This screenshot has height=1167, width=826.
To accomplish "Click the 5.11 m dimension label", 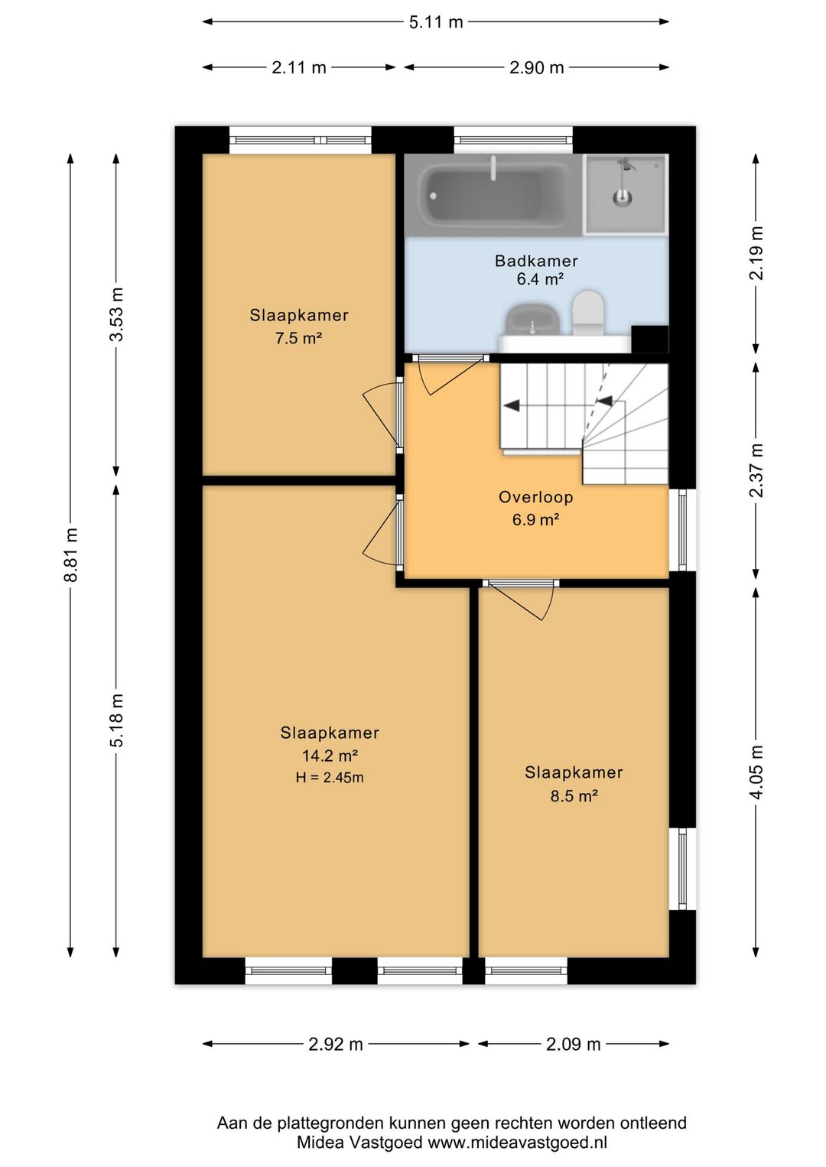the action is click(x=436, y=22).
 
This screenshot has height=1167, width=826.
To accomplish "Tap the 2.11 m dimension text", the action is click(x=298, y=67).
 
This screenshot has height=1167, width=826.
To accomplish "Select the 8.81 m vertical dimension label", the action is click(x=71, y=554).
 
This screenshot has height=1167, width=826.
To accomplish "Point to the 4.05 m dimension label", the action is click(x=756, y=772).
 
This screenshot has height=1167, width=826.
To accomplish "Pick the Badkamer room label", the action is click(x=536, y=261).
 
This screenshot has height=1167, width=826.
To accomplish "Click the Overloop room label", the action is click(x=535, y=497).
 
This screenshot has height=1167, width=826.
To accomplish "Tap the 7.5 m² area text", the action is click(x=298, y=339).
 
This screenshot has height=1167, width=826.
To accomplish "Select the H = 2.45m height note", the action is click(x=330, y=778).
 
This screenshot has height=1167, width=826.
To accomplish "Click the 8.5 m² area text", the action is click(x=574, y=796).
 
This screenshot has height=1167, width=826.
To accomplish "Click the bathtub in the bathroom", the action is click(x=493, y=195).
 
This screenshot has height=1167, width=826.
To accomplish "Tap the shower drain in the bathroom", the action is click(x=621, y=197).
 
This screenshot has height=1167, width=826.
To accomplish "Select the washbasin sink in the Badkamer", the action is click(x=532, y=319).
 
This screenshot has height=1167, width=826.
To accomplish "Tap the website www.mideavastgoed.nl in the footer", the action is click(x=517, y=1143).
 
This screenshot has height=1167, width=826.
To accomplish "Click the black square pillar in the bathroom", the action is click(x=650, y=339).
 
